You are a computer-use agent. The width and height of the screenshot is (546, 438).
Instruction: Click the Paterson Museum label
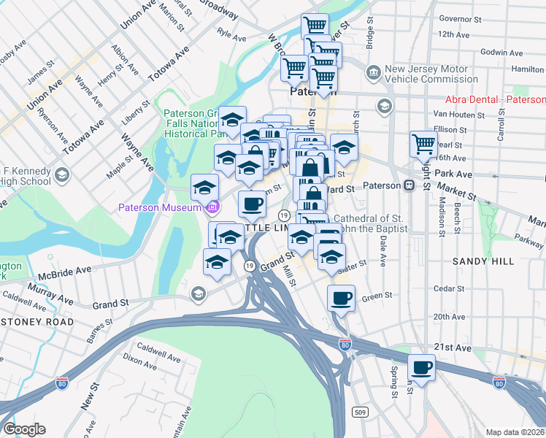160,208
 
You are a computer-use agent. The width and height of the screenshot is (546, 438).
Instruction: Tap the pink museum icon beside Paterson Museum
212,208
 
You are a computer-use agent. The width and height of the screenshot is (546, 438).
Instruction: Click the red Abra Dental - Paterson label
496,99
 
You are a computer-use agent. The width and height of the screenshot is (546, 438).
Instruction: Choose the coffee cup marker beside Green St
341,297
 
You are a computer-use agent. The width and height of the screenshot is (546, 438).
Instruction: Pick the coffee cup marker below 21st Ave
421,366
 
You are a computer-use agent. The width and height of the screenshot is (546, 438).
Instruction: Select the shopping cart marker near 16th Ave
423,144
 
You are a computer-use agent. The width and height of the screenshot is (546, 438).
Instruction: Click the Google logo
24,429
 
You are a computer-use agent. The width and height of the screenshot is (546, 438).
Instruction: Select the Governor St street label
458,20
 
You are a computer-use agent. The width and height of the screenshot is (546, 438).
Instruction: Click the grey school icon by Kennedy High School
63,175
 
